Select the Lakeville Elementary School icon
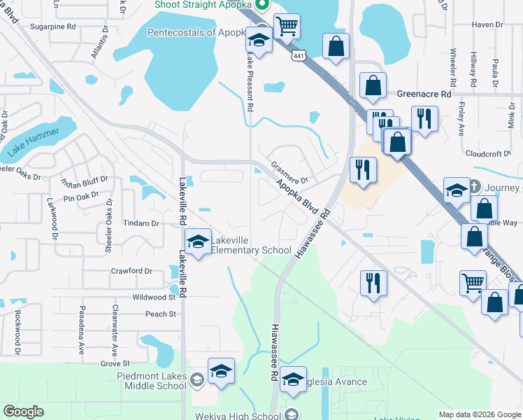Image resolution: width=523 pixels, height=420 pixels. pyautogui.click(x=199, y=242)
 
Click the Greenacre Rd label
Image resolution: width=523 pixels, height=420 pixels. pyautogui.click(x=425, y=93)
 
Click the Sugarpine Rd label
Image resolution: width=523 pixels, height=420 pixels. pyautogui.click(x=52, y=27)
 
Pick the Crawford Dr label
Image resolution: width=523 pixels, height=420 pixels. pyautogui.click(x=131, y=271)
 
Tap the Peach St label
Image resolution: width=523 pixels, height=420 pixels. pyautogui.click(x=161, y=314)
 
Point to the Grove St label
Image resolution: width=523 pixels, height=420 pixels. pyautogui.click(x=115, y=363)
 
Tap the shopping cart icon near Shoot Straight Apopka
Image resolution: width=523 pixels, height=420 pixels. pyautogui.click(x=287, y=27)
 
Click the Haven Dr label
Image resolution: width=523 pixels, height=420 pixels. pyautogui.click(x=487, y=24)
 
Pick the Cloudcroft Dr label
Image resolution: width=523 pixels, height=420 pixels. pyautogui.click(x=489, y=153)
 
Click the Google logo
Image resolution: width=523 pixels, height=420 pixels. pyautogui.click(x=24, y=412)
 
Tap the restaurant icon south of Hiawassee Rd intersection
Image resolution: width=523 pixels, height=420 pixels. pyautogui.click(x=373, y=283)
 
